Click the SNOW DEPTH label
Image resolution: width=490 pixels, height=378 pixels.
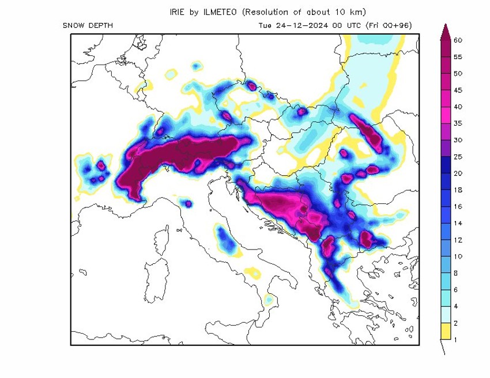point(88,26)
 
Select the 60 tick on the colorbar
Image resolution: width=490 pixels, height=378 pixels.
point(458,40)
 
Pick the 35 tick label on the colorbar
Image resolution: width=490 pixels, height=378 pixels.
point(458,123)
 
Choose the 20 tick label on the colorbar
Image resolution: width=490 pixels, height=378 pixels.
point(458,173)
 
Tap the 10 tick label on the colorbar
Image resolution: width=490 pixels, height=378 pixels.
point(458,256)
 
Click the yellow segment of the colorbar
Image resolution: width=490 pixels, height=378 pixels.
point(444,331)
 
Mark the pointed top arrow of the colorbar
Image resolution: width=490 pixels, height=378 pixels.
point(444,32)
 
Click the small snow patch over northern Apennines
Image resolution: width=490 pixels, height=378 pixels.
point(187,203)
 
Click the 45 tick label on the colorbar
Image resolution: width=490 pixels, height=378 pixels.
point(458,90)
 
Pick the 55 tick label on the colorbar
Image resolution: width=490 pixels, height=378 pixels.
point(458,57)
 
